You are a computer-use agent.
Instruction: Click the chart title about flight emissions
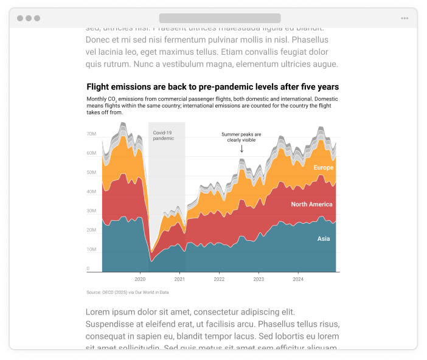click(212, 87)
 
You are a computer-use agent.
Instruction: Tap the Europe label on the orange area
click(323, 167)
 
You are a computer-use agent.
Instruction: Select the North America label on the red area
click(311, 204)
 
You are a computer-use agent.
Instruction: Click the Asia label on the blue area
click(323, 239)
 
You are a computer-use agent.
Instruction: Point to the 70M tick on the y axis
click(91, 134)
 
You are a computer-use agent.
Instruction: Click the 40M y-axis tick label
click(91, 192)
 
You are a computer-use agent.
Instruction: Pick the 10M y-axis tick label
click(91, 249)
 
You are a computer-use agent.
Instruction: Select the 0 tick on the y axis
click(88, 268)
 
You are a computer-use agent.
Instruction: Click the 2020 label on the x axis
click(140, 279)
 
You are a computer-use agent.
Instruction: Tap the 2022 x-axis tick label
click(219, 279)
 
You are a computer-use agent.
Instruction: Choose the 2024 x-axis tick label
click(298, 279)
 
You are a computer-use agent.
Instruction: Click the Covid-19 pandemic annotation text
click(163, 135)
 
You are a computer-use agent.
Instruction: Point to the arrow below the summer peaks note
click(241, 149)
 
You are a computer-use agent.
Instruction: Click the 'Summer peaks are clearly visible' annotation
click(241, 137)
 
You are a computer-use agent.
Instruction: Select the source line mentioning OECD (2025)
click(127, 292)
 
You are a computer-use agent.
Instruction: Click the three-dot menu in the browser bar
click(404, 18)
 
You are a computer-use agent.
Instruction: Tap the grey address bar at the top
click(220, 18)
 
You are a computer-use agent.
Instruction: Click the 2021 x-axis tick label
click(179, 279)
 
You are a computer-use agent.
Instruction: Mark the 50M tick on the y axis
click(91, 172)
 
